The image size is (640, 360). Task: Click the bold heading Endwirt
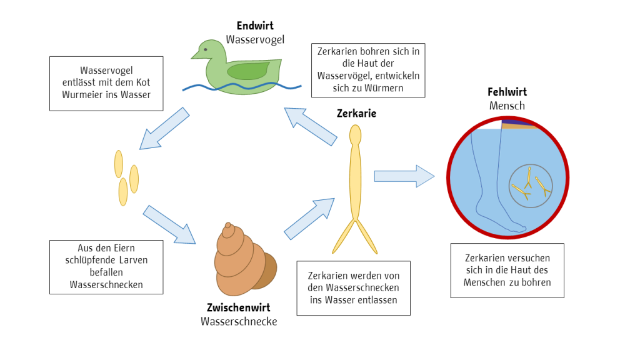(x=255, y=26)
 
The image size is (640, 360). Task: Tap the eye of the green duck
(x=205, y=50)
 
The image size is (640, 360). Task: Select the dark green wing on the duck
(x=247, y=71)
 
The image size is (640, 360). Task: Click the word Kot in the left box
(x=143, y=82)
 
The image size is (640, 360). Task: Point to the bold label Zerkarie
(x=356, y=114)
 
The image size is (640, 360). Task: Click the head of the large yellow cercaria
(x=356, y=135)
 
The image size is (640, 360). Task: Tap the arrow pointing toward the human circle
(x=404, y=176)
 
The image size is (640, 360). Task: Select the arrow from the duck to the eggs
(x=164, y=129)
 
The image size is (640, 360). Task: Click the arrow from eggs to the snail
(x=169, y=225)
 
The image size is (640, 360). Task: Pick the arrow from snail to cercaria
(x=309, y=219)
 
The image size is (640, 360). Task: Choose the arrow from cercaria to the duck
(x=311, y=126)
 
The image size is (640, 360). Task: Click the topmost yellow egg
(x=118, y=164)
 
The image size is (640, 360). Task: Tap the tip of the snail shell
(x=227, y=224)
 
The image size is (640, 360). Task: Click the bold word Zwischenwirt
(x=238, y=307)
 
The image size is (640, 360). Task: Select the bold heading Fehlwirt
(x=507, y=92)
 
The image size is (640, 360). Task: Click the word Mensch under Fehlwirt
(x=507, y=106)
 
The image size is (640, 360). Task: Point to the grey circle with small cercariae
(x=531, y=186)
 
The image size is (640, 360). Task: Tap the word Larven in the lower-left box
(x=134, y=261)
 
